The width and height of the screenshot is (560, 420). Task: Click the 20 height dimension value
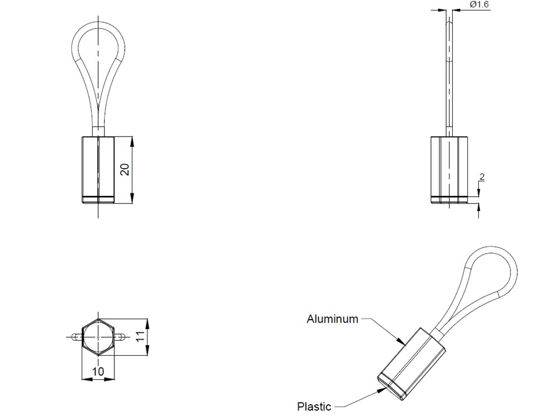click(124, 169)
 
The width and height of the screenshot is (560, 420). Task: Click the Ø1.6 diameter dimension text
click(479, 5)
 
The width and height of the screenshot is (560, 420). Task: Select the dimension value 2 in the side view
click(482, 177)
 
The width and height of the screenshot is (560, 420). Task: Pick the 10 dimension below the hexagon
click(98, 371)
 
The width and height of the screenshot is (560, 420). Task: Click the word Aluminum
click(332, 319)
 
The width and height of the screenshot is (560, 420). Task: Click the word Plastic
click(314, 407)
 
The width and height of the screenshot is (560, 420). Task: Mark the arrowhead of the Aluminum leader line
click(401, 342)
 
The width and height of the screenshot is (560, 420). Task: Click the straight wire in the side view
click(449, 76)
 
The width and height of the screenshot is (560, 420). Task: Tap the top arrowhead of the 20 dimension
click(134, 141)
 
